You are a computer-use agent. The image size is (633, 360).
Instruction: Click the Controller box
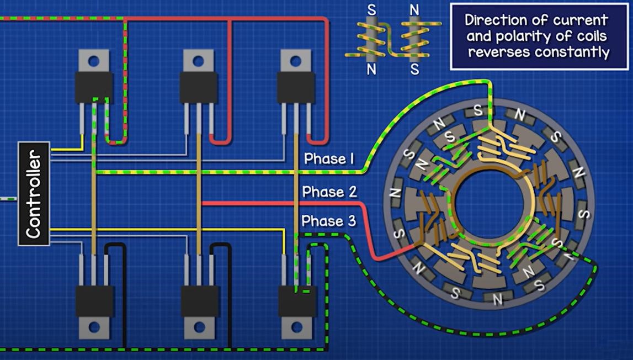(34, 193)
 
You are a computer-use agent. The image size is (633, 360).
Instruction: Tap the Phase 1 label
(329, 159)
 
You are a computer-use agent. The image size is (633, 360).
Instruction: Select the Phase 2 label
(329, 192)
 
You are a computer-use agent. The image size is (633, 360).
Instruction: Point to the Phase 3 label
(329, 221)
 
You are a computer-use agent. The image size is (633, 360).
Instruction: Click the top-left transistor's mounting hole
(94, 60)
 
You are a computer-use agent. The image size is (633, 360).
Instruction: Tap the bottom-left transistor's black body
(94, 301)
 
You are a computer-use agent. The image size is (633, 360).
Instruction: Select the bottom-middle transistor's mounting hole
(200, 327)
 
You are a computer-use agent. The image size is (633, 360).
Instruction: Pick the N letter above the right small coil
(415, 10)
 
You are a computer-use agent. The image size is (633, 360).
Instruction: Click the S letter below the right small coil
(415, 70)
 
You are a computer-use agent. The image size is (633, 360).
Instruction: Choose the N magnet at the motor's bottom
(498, 299)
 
